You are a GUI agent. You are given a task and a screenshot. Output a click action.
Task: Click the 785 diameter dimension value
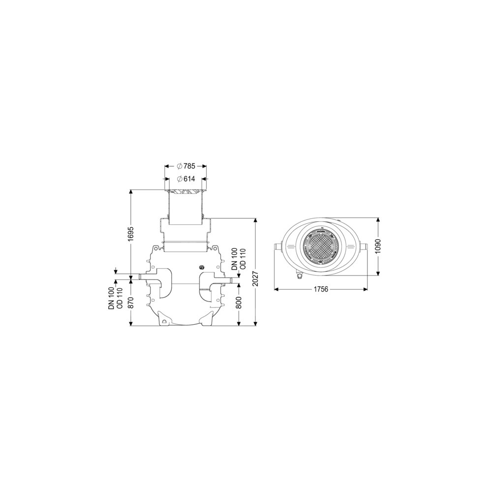coord(189,166)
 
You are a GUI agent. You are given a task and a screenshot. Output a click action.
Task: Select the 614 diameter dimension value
coord(189,179)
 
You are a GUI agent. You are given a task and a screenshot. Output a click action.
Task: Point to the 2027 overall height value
coord(255,278)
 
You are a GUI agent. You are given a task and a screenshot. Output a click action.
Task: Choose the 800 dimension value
coord(239,303)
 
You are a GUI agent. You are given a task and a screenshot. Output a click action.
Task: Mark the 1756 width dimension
coord(320,289)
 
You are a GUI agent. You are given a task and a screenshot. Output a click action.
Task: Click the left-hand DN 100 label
coord(112,299)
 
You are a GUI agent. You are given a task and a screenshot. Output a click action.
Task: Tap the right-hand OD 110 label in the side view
coord(243,259)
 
